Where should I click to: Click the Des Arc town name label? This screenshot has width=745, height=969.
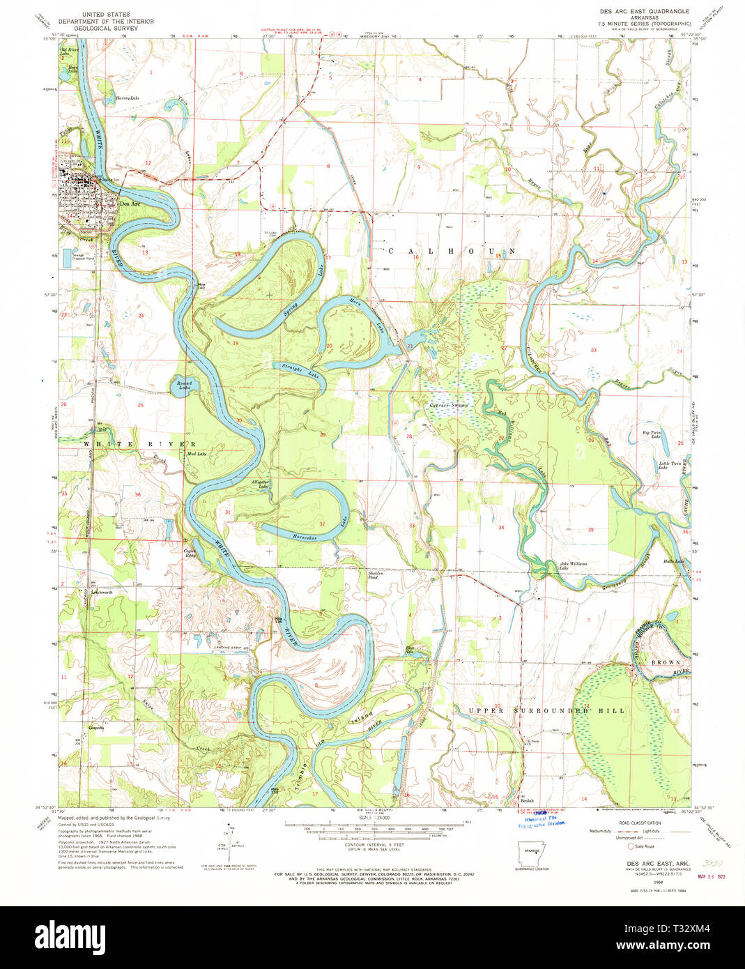(130, 204)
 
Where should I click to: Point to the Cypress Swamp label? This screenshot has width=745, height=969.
(449, 405)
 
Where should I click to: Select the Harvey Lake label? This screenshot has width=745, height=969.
(127, 98)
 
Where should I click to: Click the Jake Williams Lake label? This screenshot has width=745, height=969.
(574, 565)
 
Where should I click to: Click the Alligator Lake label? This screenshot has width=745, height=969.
(260, 483)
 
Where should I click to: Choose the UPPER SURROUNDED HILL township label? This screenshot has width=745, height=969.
(546, 710)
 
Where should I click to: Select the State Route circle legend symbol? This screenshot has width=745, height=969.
(631, 846)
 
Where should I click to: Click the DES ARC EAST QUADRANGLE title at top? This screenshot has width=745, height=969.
(644, 12)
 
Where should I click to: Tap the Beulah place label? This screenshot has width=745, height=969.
(527, 800)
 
